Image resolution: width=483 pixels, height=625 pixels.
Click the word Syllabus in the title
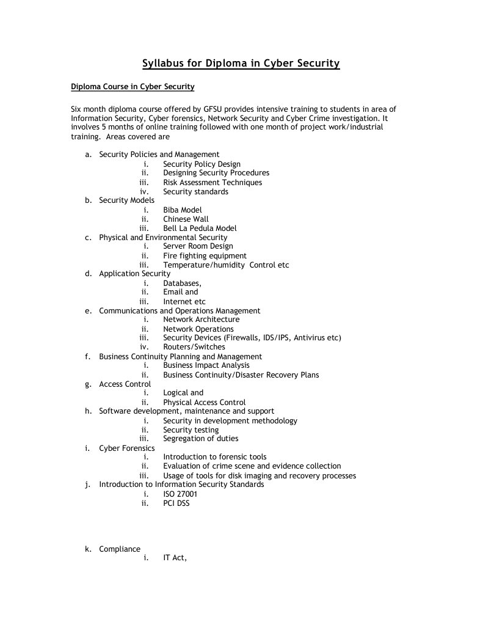click(x=164, y=63)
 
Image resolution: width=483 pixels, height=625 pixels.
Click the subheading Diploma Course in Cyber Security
click(x=133, y=87)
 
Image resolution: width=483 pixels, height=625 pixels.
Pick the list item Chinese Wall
click(x=186, y=219)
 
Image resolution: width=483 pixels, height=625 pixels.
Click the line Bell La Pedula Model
click(x=200, y=228)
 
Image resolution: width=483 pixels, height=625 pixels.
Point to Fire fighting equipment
click(x=205, y=255)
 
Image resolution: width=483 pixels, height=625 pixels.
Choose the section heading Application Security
click(x=134, y=274)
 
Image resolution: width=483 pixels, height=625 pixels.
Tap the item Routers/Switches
click(x=194, y=347)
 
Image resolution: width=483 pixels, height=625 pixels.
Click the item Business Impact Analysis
click(x=206, y=365)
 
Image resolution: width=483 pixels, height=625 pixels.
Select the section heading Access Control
click(x=125, y=384)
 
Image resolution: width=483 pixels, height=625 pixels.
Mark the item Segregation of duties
click(x=200, y=439)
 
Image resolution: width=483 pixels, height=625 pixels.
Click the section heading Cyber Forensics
click(x=126, y=448)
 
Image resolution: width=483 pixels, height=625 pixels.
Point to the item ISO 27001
click(x=180, y=494)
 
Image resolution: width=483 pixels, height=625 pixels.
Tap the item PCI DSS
click(x=176, y=503)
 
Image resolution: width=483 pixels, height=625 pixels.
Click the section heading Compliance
click(x=120, y=549)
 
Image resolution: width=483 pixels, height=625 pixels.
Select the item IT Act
click(x=174, y=558)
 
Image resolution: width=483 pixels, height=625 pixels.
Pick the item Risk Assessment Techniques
click(x=212, y=182)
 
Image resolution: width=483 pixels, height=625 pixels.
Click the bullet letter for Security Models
click(x=89, y=200)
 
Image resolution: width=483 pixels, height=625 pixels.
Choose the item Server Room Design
click(x=198, y=246)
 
